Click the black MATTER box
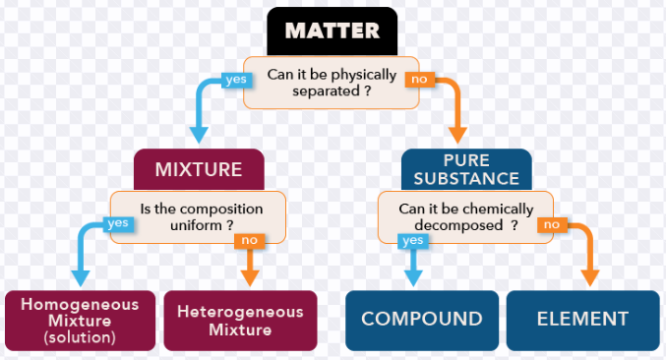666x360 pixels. click(x=333, y=31)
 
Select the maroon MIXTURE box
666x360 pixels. click(x=199, y=169)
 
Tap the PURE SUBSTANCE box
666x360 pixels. click(x=466, y=169)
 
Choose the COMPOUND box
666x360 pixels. click(x=422, y=321)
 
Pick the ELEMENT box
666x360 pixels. click(x=582, y=321)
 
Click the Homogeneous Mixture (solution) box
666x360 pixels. click(x=81, y=321)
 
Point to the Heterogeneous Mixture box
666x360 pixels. click(x=240, y=321)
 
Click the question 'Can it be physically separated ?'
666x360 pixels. click(x=332, y=83)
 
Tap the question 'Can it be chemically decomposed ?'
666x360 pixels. click(x=465, y=217)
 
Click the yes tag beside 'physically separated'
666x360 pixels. click(x=236, y=80)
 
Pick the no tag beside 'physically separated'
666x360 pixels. click(x=420, y=80)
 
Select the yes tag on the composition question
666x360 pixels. click(x=118, y=223)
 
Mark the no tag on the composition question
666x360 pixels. click(x=250, y=241)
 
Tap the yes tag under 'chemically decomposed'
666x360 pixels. click(x=413, y=241)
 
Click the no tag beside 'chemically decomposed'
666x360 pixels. click(x=552, y=225)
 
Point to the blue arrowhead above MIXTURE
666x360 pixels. click(x=199, y=135)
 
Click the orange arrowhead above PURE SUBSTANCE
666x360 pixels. click(x=457, y=135)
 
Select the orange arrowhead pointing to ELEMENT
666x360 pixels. click(x=589, y=278)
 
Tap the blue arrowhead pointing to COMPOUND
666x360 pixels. click(x=413, y=278)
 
